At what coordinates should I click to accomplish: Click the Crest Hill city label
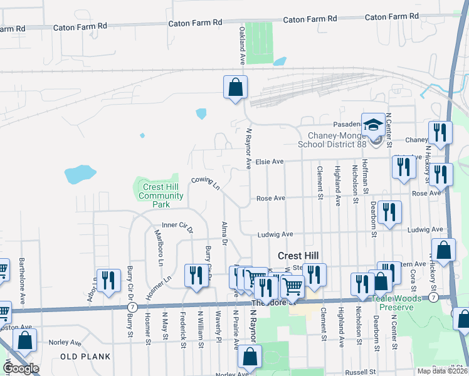298,256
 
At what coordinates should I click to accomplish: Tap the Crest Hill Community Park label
162,196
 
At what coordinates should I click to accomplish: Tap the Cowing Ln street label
206,182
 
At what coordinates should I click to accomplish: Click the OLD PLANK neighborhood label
85,357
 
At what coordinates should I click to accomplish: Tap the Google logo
21,368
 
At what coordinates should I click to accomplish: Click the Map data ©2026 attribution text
442,371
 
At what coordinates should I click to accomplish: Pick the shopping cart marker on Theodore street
292,286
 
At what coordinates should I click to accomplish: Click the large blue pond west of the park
80,174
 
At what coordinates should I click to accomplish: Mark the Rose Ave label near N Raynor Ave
271,198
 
